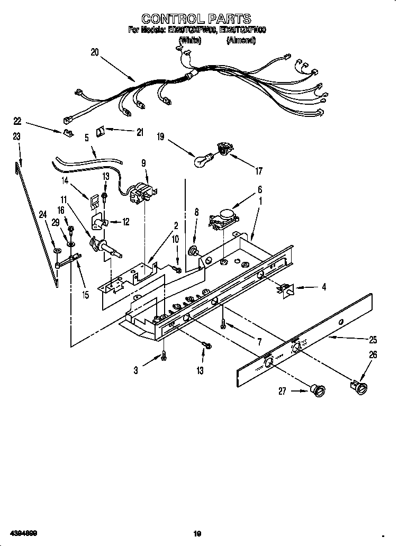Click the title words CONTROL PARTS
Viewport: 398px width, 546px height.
(x=196, y=20)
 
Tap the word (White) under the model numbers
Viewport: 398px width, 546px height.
(x=189, y=40)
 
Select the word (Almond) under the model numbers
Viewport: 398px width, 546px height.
(x=241, y=40)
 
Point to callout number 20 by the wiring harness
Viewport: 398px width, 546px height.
(x=95, y=52)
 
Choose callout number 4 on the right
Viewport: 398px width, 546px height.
(x=324, y=287)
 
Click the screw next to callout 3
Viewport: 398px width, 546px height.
(x=165, y=358)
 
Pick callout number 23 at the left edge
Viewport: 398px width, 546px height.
(x=16, y=136)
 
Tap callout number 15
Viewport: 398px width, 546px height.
(x=85, y=295)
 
